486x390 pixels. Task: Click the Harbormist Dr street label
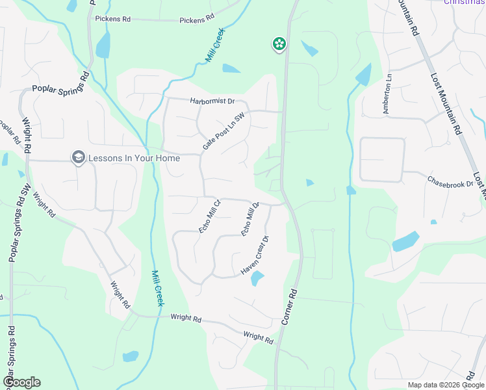(212, 101)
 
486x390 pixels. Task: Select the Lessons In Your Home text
(134, 157)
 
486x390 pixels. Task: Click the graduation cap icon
(79, 157)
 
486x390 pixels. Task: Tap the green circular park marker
(279, 44)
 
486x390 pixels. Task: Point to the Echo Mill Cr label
(210, 216)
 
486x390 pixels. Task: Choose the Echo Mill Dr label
(250, 219)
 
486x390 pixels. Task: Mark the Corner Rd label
(290, 307)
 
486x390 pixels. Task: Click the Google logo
(21, 382)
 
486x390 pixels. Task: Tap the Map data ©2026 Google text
(445, 385)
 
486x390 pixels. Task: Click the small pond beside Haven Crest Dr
(257, 279)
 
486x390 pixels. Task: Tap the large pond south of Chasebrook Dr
(405, 241)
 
